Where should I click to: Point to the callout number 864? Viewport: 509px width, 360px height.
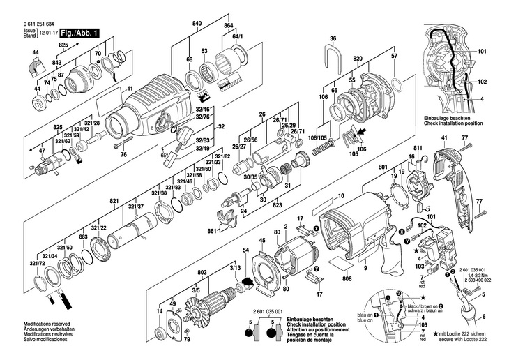[x=228, y=25]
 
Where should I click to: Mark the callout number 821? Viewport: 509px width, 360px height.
[x=114, y=201]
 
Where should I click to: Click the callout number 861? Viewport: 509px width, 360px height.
[x=212, y=231]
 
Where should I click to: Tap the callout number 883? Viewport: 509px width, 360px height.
[x=83, y=238]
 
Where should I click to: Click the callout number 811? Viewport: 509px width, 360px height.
[x=418, y=149]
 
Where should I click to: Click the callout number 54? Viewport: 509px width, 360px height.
[x=245, y=250]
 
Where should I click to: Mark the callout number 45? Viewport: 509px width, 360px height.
[x=262, y=242]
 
